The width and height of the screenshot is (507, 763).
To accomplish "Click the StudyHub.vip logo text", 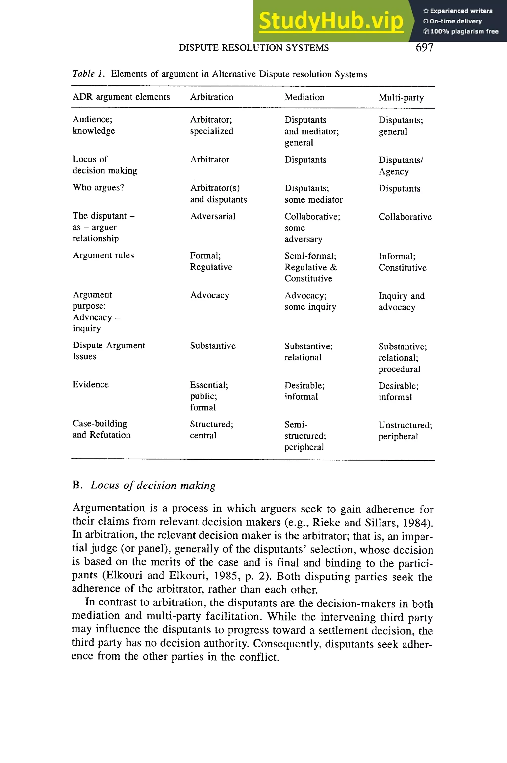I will (x=331, y=21).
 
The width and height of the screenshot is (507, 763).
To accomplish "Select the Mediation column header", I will (x=304, y=97).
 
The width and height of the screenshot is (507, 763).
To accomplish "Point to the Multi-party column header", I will (x=401, y=97).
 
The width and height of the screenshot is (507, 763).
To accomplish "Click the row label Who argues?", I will (x=98, y=187).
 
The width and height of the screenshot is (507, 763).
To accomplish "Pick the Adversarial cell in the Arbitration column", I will (x=213, y=216).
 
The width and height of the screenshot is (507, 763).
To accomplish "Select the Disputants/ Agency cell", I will (x=400, y=165).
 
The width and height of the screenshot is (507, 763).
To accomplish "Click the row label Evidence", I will (x=91, y=384).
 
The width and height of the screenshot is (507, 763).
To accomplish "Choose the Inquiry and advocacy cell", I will (x=401, y=301).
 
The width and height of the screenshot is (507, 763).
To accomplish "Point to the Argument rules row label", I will (x=103, y=255).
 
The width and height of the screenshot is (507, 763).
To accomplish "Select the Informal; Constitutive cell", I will (x=402, y=262).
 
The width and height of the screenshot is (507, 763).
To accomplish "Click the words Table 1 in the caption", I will (x=88, y=74).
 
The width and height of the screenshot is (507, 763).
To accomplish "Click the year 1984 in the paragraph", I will (x=417, y=522).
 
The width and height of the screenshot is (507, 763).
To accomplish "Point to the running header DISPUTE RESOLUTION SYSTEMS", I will (x=253, y=48).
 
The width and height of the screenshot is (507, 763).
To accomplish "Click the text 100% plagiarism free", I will (x=464, y=31).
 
